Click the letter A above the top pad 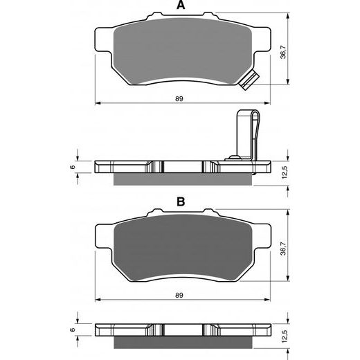[181, 6]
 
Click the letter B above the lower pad [181, 202]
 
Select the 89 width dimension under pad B [179, 296]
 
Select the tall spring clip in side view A [246, 135]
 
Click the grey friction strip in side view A [181, 178]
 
